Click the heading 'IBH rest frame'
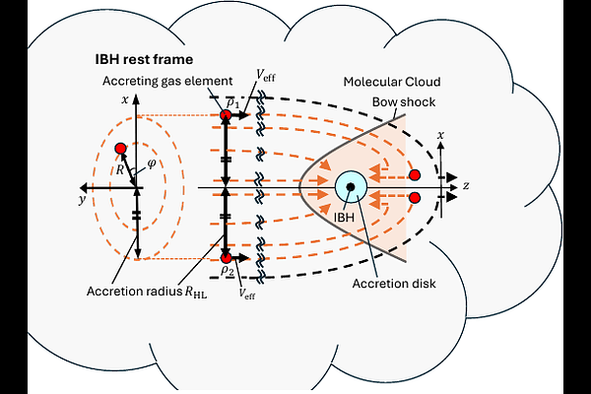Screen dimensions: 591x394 144,59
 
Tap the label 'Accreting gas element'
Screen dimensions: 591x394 167,81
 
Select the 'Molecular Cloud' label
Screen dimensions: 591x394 392,82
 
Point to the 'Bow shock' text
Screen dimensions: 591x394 404,101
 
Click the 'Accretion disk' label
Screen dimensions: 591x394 394,284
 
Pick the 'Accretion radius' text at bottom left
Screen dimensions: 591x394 134,292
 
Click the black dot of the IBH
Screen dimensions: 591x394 351,186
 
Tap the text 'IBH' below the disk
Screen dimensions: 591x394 344,217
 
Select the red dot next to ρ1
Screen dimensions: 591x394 226,115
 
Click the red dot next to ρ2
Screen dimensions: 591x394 226,258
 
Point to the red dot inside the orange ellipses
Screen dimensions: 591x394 120,149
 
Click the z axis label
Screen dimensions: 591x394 466,185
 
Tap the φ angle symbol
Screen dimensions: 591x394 152,164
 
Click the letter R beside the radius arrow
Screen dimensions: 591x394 120,169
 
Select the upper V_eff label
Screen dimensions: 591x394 266,76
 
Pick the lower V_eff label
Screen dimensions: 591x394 247,294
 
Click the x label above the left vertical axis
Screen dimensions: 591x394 125,99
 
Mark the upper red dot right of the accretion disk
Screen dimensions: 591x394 415,175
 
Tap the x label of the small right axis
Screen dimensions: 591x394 440,135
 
